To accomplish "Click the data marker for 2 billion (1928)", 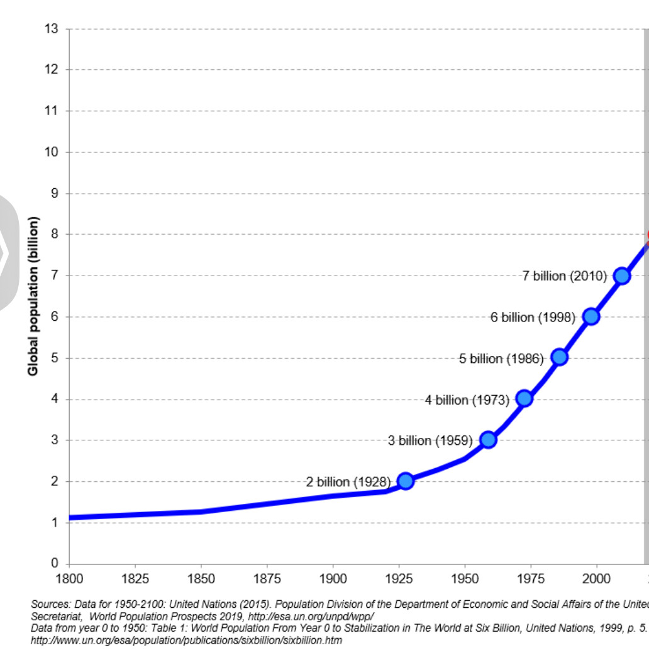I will click(x=406, y=481).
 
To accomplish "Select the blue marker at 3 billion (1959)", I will click(x=488, y=440).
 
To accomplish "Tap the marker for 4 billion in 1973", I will click(x=524, y=398).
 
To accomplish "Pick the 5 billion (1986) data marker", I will click(x=559, y=357).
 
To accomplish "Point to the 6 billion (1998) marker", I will click(x=591, y=316).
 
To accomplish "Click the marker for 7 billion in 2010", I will click(x=622, y=276).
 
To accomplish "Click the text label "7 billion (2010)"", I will click(x=564, y=276).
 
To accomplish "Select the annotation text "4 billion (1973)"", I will click(x=467, y=400).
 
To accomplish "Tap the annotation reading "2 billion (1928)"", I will click(x=348, y=482).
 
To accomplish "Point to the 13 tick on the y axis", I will click(x=52, y=28).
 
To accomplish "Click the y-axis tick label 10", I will click(x=52, y=152).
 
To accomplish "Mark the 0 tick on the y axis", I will click(x=55, y=563).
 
